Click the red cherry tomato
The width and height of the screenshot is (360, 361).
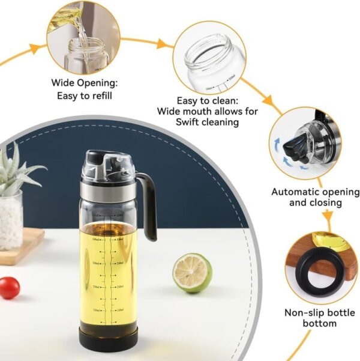pyautogui.click(x=9, y=287)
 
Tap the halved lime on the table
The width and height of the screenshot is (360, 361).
pyautogui.click(x=193, y=272)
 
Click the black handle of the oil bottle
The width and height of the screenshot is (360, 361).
pyautogui.click(x=148, y=204)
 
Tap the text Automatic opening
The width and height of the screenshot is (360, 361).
pyautogui.click(x=316, y=192)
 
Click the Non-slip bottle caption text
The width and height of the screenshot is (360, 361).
pyautogui.click(x=319, y=312)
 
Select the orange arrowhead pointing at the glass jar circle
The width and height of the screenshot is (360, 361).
pyautogui.click(x=162, y=44)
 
